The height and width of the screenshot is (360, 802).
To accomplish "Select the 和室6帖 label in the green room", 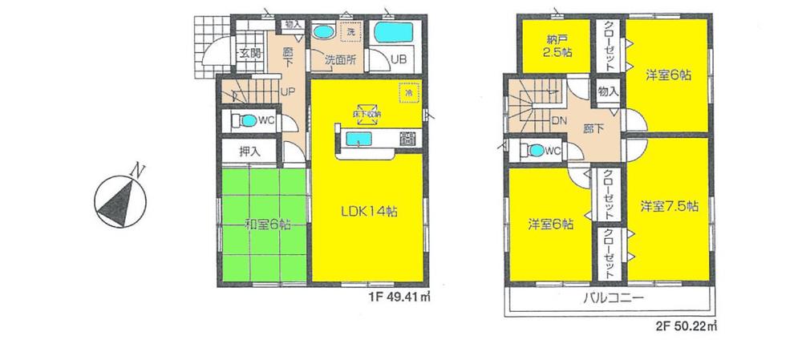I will click(264, 225).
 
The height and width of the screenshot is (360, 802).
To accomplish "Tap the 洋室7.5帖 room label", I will click(669, 206).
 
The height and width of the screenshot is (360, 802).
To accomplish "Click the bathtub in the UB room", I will click(392, 34).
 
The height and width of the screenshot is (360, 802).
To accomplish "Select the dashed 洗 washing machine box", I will click(350, 33).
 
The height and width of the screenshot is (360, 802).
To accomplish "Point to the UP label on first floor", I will click(285, 91).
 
